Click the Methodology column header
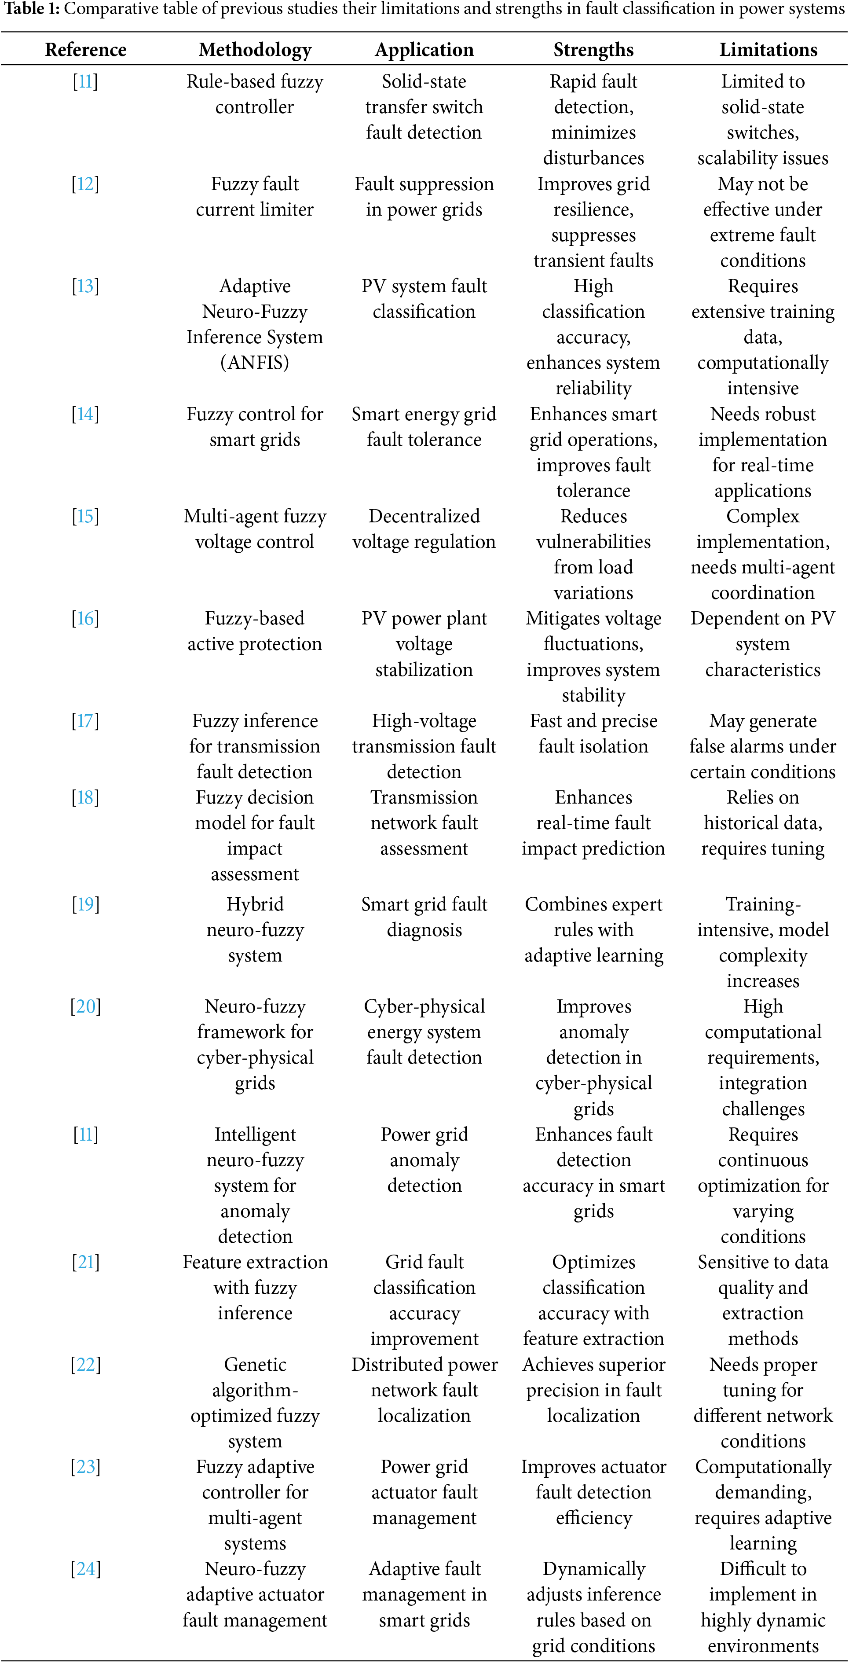pos(255,50)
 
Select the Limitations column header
pos(768,50)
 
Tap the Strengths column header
pos(593,50)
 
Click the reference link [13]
pos(85,286)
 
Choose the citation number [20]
pos(85,1006)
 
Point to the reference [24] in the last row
pos(85,1569)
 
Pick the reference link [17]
pos(85,720)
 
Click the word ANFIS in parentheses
pos(255,363)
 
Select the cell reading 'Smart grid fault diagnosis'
pos(424,917)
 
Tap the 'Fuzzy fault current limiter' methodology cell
pos(255,197)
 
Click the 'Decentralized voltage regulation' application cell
pos(424,529)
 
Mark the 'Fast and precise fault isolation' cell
pos(593,734)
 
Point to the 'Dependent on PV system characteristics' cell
pos(762,644)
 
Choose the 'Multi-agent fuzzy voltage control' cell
pos(255,529)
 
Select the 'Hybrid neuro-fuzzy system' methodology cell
pos(255,929)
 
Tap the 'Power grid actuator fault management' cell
pos(424,1492)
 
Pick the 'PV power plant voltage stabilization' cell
pos(424,644)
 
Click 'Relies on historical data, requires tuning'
pos(762,823)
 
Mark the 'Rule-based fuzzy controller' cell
pos(255,94)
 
